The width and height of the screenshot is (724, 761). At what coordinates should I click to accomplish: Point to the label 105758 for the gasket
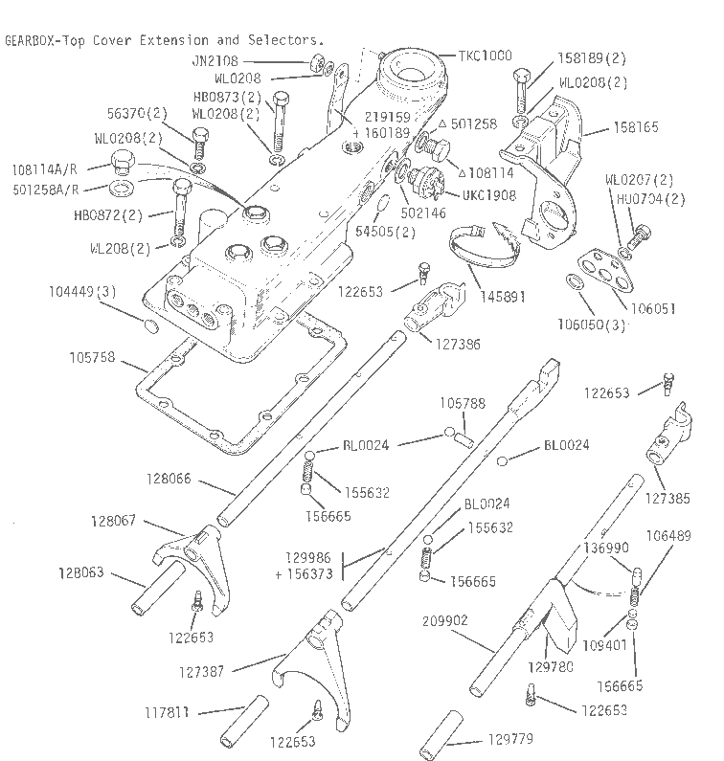click(91, 358)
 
